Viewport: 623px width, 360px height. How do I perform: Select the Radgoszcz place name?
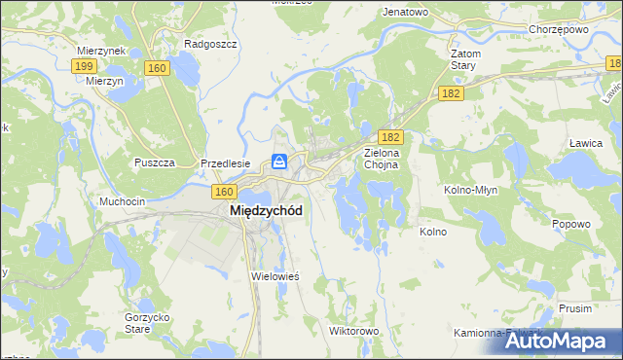pos(205,44)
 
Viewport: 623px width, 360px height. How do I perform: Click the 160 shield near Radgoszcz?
pos(157,68)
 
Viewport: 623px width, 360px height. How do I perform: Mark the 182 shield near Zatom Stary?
pos(451,92)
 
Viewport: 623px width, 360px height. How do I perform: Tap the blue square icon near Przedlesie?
pos(279,162)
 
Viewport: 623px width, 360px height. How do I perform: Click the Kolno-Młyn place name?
pos(471,190)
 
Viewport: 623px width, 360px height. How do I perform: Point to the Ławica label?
pos(583,143)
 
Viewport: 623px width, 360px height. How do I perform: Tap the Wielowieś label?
pos(275,276)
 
